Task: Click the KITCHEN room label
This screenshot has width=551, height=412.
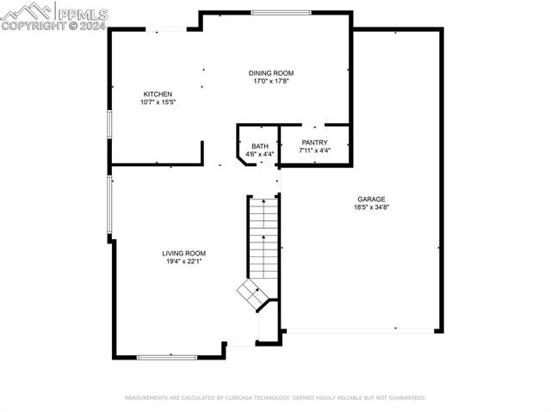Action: [158, 94]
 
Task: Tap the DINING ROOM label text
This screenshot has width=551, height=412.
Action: [271, 74]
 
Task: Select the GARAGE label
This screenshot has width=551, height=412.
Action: [371, 199]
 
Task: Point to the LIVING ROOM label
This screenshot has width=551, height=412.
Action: [183, 253]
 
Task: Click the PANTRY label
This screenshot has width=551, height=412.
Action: [314, 143]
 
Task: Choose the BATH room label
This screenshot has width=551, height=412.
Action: [259, 146]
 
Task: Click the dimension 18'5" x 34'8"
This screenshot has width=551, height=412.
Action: [371, 207]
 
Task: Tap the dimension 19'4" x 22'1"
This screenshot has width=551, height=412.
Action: [183, 261]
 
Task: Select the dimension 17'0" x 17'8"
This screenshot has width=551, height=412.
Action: [271, 83]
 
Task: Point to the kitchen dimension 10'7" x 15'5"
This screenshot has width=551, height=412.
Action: [158, 102]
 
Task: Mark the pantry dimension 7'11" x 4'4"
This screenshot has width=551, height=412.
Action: [314, 151]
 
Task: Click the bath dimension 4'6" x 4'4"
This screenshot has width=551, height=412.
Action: [259, 155]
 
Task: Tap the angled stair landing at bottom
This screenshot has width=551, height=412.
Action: [255, 294]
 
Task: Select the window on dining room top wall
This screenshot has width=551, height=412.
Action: [281, 13]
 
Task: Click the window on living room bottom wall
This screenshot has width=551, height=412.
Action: [166, 356]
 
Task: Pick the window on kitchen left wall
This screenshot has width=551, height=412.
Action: [108, 124]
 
